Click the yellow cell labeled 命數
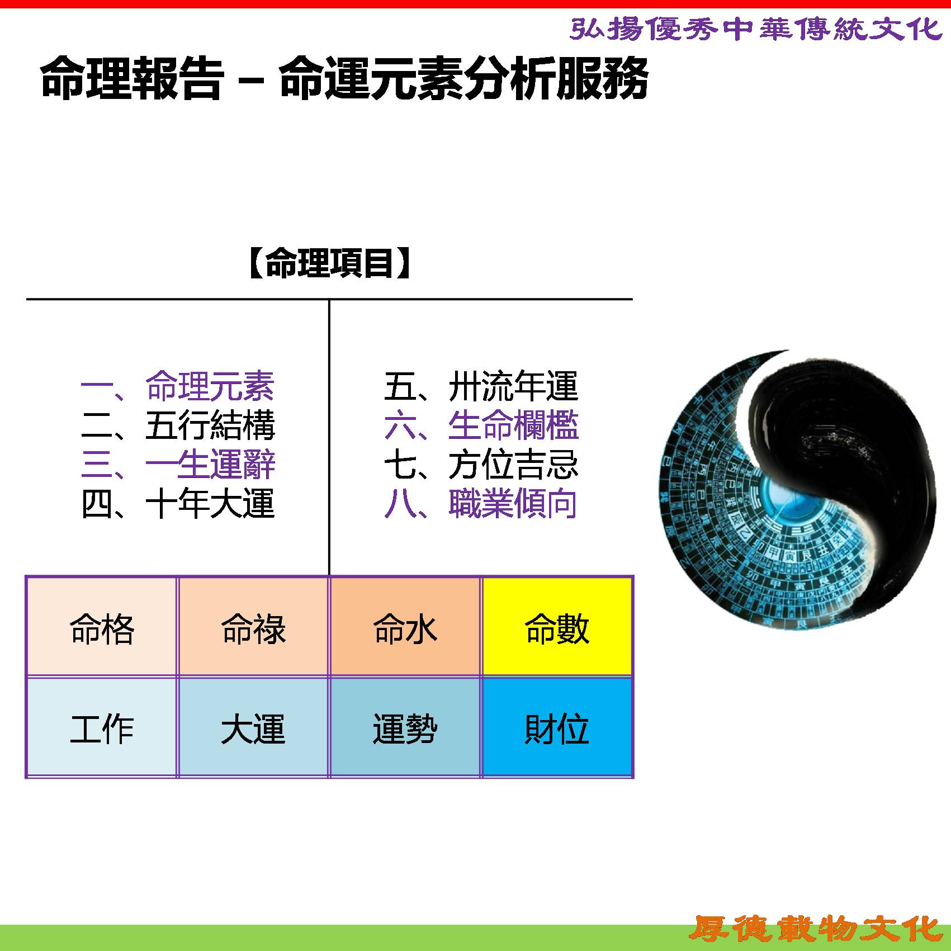coord(557,627)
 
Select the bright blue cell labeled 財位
coord(557,727)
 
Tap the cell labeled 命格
coord(102,627)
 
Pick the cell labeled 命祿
coord(253,627)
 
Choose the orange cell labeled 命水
coord(405,627)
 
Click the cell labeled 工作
coord(102,727)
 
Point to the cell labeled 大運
coord(253,727)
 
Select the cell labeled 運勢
coord(405,727)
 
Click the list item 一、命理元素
coord(178,386)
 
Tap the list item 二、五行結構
coord(178,425)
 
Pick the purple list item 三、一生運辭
coord(178,464)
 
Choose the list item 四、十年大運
coord(178,503)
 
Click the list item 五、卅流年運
coord(481,386)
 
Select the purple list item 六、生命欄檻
coord(481,425)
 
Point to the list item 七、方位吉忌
coord(481,464)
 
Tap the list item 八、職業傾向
coord(481,503)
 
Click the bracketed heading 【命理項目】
coord(329,263)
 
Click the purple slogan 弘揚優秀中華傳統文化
coord(756,29)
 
